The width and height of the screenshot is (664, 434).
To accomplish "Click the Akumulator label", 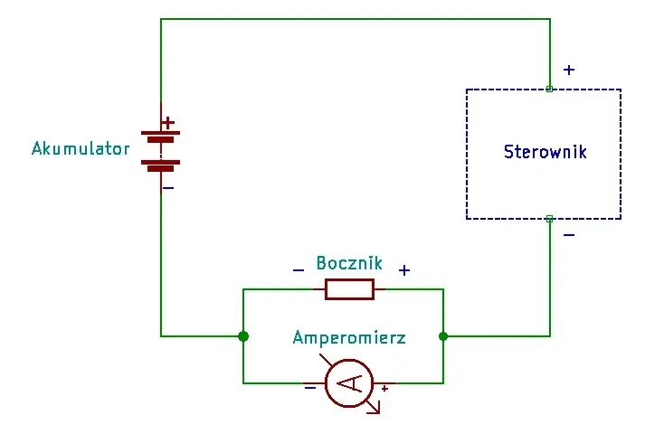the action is click(81, 148).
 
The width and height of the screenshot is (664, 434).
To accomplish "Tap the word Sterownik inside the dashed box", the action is click(545, 152).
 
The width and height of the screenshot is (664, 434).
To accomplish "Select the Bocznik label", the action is click(349, 263).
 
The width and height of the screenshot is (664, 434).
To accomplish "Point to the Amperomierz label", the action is click(349, 337).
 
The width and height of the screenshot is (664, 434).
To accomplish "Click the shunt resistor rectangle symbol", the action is click(349, 289).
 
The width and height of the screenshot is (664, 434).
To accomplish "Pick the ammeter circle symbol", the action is click(349, 383).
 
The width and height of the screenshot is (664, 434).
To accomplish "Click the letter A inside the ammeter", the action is click(349, 383).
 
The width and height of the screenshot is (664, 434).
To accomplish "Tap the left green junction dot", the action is click(243, 336).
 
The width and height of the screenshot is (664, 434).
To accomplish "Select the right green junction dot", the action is click(443, 336).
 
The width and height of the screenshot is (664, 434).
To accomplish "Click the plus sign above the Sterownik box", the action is click(569, 70).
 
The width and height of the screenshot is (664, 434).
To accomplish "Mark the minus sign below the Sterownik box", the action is click(569, 235).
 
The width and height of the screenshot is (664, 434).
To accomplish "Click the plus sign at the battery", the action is click(168, 123).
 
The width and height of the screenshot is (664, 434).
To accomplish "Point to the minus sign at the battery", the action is click(168, 188).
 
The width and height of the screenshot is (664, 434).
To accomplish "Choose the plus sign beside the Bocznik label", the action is click(404, 270).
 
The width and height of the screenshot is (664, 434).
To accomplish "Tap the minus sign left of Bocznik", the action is click(299, 270).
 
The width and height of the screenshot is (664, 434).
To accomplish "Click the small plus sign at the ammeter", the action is click(384, 388).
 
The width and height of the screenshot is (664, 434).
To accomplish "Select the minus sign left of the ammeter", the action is click(310, 387).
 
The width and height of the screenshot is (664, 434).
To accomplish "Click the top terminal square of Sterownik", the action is click(549, 89).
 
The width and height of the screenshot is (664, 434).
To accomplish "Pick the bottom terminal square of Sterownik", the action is click(550, 219).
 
